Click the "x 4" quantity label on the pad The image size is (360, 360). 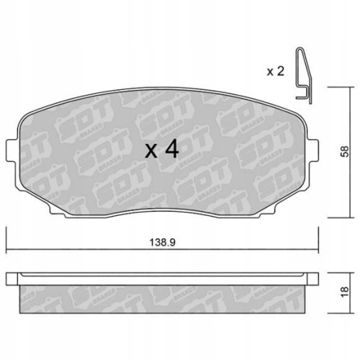point(161,150)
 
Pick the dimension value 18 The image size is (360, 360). point(343,291)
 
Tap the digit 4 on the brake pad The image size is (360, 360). point(171,150)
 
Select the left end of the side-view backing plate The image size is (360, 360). point(10,279)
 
